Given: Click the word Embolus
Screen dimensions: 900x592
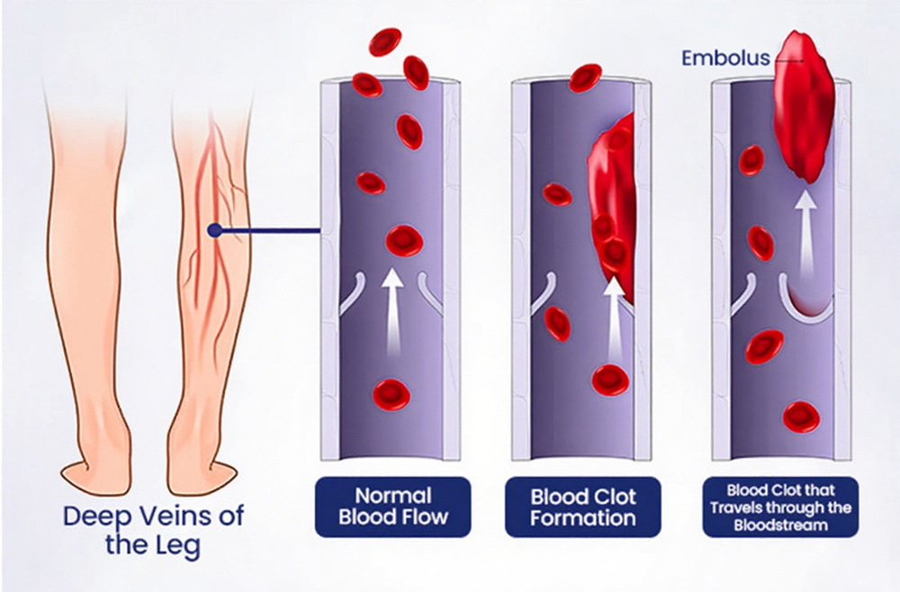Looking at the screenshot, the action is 725,58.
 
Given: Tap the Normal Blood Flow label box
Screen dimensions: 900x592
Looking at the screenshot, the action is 393,507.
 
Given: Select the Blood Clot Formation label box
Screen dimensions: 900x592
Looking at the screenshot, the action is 582,507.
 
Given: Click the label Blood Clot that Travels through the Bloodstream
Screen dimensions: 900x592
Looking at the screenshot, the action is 780,507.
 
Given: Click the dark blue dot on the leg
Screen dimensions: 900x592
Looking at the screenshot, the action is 215,230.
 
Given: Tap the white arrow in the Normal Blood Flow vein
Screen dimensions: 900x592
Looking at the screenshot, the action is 392,309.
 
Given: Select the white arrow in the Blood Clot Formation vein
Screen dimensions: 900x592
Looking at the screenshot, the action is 614,318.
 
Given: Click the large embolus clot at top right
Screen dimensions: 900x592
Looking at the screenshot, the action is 803,106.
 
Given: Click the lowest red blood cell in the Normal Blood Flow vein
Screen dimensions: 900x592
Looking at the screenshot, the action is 391,394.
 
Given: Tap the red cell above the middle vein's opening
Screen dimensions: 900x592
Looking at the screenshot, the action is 586,78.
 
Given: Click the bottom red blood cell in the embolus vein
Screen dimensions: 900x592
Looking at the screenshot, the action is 801,417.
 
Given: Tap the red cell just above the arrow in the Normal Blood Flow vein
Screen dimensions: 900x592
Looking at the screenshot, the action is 405,240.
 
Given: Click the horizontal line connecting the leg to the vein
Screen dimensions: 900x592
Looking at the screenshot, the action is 271,230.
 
